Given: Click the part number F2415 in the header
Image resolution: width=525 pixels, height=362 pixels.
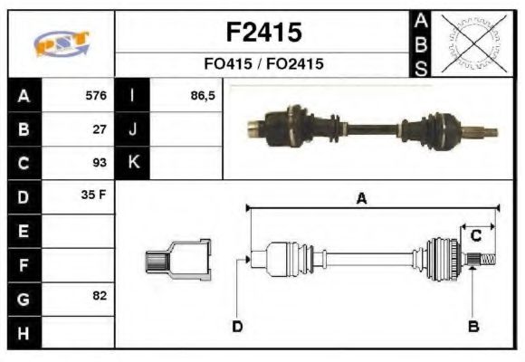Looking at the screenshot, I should [262, 33].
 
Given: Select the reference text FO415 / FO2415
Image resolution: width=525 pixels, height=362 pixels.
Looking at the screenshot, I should [262, 65].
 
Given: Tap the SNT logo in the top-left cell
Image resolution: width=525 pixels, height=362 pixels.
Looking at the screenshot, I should [61, 43].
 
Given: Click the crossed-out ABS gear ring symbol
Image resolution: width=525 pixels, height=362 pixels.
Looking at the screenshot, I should [472, 43].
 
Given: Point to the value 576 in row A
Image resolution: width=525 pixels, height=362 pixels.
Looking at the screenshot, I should [95, 95].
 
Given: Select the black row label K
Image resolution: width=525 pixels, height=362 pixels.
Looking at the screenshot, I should [133, 163].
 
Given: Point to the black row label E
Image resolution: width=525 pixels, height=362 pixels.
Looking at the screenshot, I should [23, 231].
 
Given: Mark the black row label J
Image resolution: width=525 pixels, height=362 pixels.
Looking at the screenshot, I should [133, 129].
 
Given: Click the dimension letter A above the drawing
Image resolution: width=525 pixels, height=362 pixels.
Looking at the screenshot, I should [360, 199].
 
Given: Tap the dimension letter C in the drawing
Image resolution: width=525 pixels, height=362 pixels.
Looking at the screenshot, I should [475, 235].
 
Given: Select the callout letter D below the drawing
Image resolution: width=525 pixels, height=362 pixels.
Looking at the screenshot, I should [237, 326].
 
